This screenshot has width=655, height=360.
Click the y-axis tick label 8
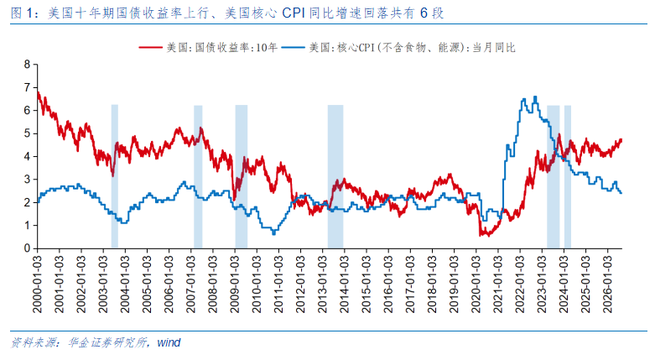click(28, 65)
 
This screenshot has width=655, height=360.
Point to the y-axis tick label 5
click(28, 133)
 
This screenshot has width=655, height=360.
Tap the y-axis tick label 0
click(28, 248)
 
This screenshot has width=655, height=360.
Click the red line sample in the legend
click(151, 48)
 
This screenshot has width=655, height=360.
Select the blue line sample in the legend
click(294, 48)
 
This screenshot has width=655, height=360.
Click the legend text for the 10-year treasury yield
click(222, 48)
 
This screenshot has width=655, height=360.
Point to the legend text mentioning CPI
click(413, 48)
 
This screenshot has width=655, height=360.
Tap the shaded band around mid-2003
click(114, 176)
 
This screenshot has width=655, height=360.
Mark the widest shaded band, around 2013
click(335, 176)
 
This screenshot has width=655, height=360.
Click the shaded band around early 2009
click(242, 176)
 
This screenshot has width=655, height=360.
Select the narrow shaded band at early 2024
click(568, 176)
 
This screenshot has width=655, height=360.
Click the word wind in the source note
click(169, 343)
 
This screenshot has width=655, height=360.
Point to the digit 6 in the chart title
click(424, 13)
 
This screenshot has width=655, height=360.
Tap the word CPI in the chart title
click(294, 13)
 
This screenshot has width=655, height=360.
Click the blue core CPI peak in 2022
click(536, 97)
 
